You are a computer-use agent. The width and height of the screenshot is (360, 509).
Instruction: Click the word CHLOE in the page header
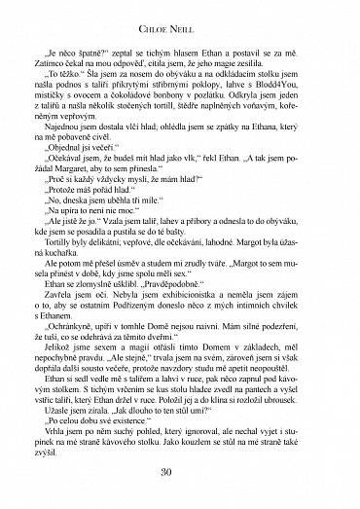coord(164,18)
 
